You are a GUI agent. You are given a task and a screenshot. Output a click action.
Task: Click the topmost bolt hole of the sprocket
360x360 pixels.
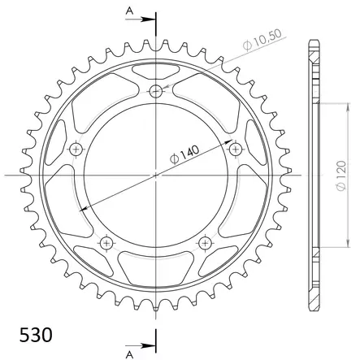[156, 91]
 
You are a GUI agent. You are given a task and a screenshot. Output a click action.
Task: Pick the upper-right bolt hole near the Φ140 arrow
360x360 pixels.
[236, 150]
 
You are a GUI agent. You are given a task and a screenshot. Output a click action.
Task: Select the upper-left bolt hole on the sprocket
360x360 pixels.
[77, 150]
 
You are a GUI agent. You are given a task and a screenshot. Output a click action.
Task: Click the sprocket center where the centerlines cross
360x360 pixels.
[156, 174]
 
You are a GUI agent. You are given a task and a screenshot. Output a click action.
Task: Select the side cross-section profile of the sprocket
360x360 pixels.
[314, 174]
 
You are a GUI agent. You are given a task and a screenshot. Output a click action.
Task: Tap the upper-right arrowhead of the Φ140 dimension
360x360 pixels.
[226, 144]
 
